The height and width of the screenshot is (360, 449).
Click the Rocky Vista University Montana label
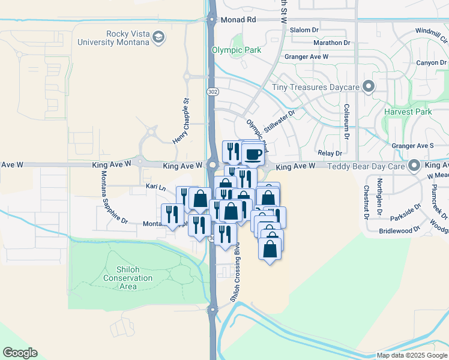pos(113,38)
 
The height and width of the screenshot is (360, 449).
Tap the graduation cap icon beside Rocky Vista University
pos(158,38)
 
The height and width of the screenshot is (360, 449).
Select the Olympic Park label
pos(237,50)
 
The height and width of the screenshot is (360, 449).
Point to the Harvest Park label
pos(409,112)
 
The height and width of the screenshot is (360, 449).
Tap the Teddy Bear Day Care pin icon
pos(414,165)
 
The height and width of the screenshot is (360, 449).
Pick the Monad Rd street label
pos(238,20)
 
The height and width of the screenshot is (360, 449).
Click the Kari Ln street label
pos(155,187)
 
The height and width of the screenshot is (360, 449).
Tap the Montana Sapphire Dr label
pos(113,197)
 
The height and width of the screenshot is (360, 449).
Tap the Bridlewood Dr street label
pos(399,231)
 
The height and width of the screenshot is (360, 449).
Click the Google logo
pos(20,353)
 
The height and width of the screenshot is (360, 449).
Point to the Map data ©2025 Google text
pos(411,355)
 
